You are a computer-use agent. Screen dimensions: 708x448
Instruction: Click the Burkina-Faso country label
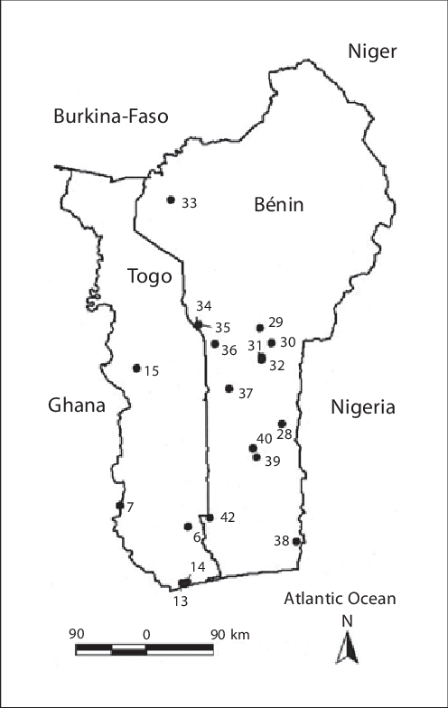click(111, 116)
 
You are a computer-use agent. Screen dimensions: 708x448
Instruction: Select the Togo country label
click(149, 276)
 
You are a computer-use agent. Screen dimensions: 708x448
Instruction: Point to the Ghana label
click(77, 406)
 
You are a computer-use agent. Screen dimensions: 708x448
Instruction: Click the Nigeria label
click(363, 407)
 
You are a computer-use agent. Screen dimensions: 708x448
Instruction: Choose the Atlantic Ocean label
click(340, 599)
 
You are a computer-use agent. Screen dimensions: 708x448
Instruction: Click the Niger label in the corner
click(372, 51)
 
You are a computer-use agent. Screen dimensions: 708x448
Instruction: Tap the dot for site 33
click(171, 200)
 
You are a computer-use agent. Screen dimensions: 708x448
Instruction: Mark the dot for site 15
click(136, 368)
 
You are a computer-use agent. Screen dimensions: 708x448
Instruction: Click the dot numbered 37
click(229, 388)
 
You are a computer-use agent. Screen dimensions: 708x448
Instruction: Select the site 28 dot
click(282, 424)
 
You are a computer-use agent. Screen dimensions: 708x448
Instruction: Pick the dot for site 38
click(296, 541)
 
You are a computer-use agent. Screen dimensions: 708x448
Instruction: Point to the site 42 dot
click(210, 517)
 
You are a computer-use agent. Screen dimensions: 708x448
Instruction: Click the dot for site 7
click(119, 506)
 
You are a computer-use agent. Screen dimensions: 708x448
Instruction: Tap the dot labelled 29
click(260, 328)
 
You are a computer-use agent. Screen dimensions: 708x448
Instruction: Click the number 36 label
click(229, 349)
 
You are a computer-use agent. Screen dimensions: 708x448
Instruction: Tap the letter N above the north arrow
click(347, 621)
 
